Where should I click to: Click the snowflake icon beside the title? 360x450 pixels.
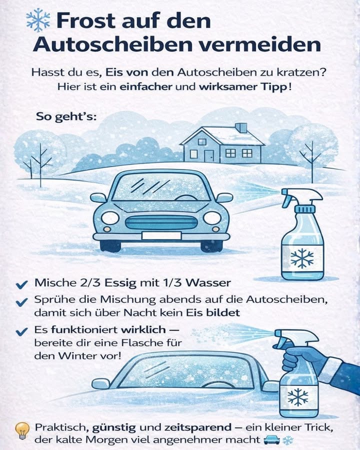tap(38, 20)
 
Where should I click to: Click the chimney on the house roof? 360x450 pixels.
tap(241, 128)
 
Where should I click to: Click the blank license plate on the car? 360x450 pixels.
tap(161, 235)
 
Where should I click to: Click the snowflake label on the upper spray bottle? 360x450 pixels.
tap(301, 258)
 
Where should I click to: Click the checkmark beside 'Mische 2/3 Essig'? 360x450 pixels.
tap(21, 284)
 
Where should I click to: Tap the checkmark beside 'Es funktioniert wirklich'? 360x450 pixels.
tap(21, 331)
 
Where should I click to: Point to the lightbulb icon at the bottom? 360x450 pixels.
tap(21, 430)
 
